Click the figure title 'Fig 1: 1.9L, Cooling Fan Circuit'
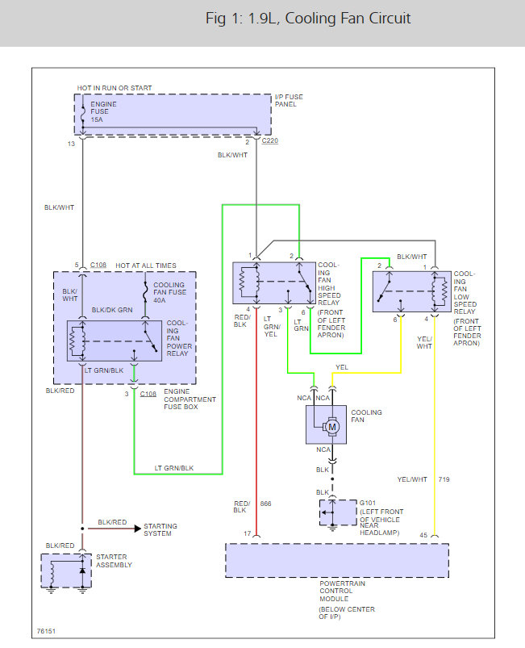[308, 19]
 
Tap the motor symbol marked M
[331, 427]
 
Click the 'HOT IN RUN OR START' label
[115, 88]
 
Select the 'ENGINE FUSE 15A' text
[103, 111]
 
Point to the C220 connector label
[270, 140]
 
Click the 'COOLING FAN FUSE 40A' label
[170, 292]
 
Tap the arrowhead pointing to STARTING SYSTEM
[138, 529]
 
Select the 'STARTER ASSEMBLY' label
[114, 561]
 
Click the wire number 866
[265, 504]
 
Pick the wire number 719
[444, 479]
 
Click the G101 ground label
[368, 503]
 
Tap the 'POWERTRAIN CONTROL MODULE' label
[342, 591]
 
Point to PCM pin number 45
[423, 535]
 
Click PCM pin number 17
[248, 533]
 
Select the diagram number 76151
[46, 631]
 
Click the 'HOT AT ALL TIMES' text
[146, 265]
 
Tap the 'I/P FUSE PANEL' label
[289, 100]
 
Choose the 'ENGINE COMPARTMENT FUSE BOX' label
[190, 399]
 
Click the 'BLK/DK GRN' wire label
[112, 310]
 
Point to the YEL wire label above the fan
[342, 367]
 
